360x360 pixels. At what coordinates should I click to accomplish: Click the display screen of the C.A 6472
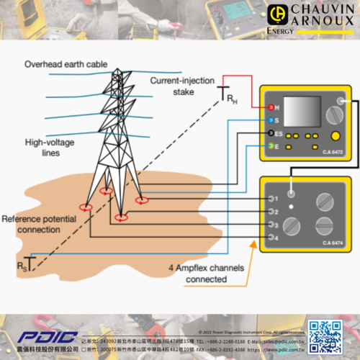(297, 112)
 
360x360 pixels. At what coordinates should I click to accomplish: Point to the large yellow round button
(335, 136)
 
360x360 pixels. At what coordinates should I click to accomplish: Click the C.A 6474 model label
(333, 242)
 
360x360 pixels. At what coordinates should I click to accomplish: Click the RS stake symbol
(29, 263)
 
